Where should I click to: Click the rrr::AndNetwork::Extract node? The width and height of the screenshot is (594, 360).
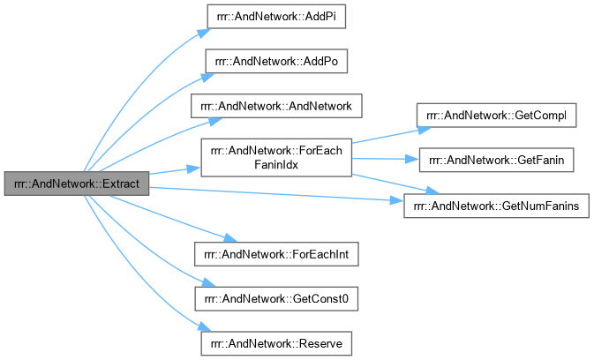point(76,184)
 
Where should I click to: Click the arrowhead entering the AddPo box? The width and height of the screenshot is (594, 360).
point(200,67)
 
